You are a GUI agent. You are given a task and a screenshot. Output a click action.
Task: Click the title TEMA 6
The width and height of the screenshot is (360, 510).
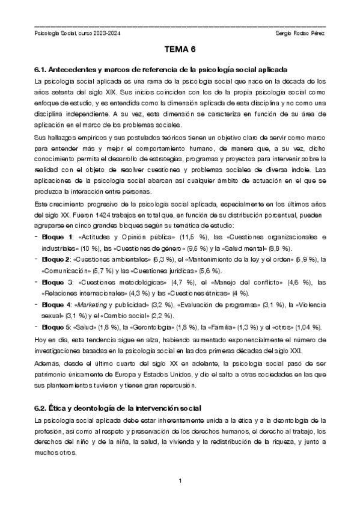point(180,52)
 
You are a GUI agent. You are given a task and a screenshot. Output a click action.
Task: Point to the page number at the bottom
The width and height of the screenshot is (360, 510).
point(180,481)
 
